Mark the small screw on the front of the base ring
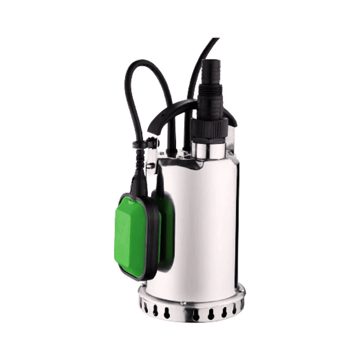pyautogui.click(x=183, y=304)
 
